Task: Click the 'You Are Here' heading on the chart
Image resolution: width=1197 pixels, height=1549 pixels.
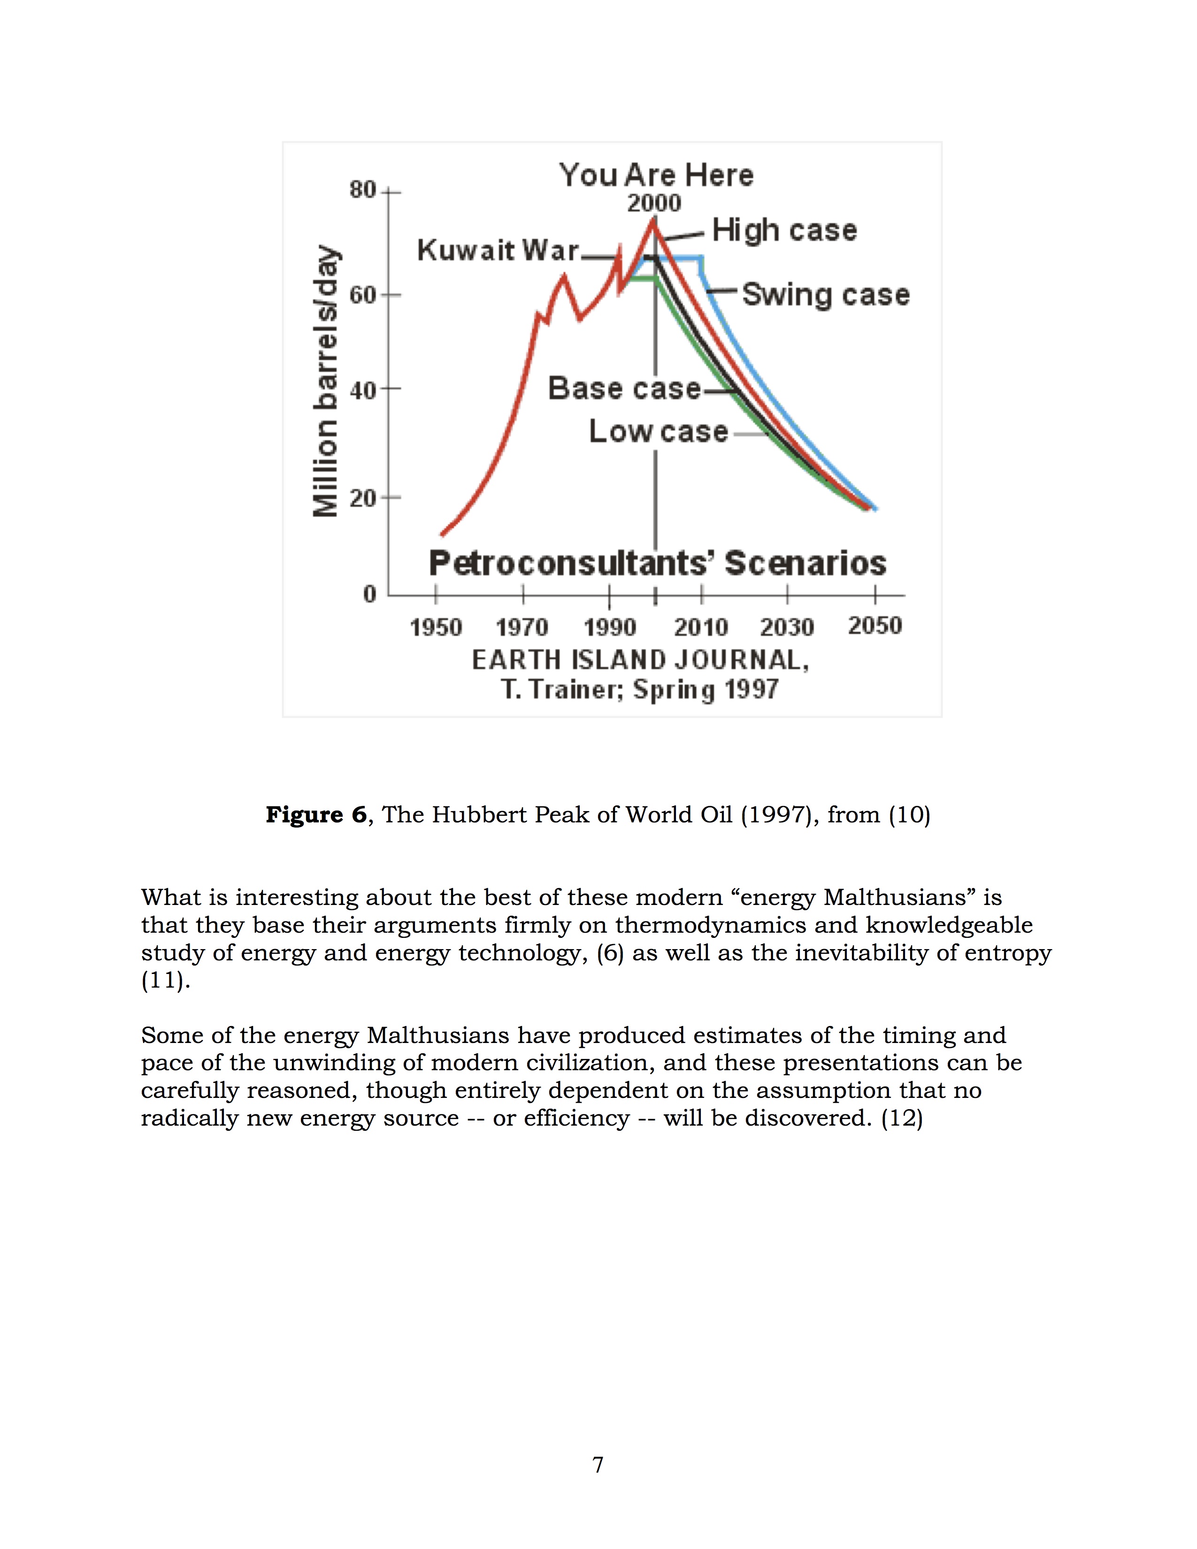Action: coord(656,175)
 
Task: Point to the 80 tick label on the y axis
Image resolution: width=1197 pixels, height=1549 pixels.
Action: coord(362,190)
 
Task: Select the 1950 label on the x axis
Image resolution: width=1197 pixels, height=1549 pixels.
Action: coord(436,628)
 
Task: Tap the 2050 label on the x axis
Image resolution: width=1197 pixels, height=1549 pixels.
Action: coord(875,626)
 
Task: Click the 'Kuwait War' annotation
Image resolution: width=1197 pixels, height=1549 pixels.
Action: coord(498,250)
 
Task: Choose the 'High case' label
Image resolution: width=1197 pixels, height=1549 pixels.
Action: coord(784,230)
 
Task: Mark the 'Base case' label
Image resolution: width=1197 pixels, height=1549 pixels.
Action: coord(624,389)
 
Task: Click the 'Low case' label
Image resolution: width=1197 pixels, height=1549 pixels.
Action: coord(658,432)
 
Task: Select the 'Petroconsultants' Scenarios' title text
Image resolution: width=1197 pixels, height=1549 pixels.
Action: coord(657,564)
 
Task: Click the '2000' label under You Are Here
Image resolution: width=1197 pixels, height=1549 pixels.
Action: coord(654,204)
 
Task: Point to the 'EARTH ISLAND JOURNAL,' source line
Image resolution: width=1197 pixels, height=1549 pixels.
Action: coord(640,660)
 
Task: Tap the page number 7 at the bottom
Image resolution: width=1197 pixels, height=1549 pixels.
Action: coord(598,1465)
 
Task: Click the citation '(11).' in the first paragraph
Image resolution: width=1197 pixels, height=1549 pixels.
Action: coord(166,981)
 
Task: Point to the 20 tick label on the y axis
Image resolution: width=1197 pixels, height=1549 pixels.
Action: coord(362,498)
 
